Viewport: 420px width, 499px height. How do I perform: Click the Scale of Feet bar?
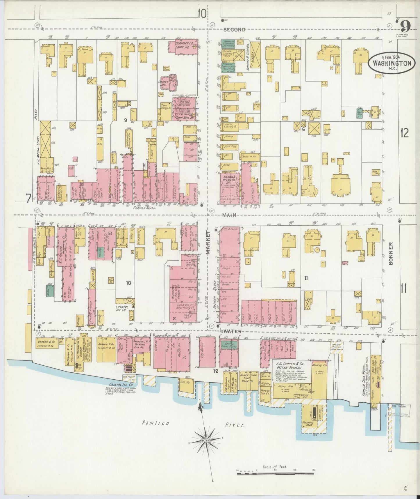coord(275,474)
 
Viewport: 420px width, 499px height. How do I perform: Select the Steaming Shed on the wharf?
coord(308,424)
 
